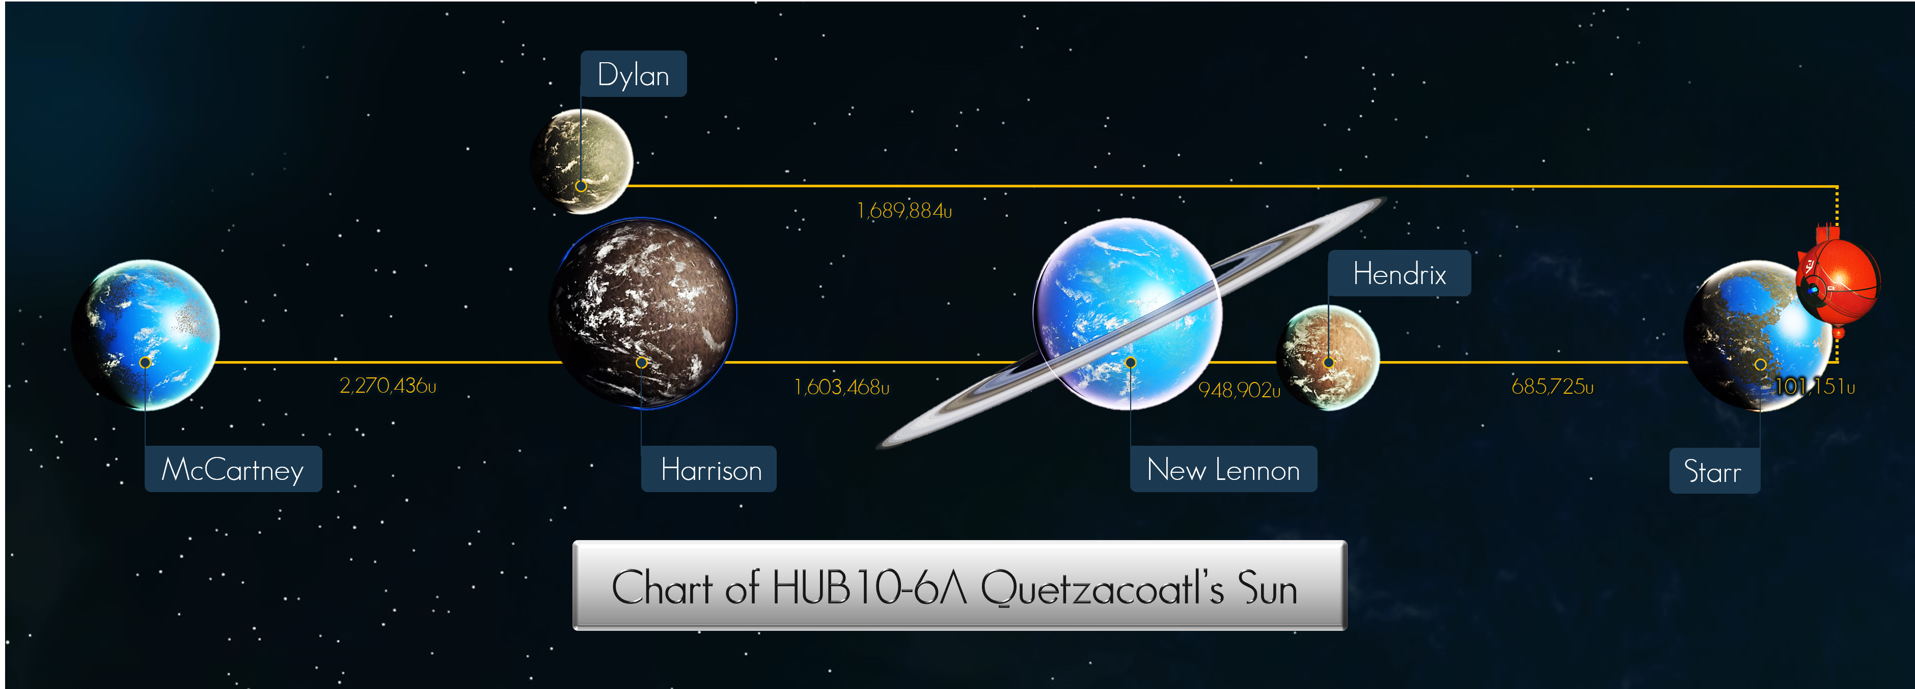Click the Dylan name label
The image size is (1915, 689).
coord(634,73)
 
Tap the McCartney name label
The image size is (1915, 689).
coord(233,469)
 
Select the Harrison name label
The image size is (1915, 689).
coord(709,469)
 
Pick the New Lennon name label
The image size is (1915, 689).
coord(1224,469)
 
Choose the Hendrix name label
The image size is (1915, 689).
coord(1399,273)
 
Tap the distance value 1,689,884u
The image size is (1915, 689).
coord(904,211)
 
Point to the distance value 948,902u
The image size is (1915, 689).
coord(1239,389)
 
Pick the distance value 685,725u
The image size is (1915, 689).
coord(1552,386)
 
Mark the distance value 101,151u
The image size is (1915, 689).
coord(1815,386)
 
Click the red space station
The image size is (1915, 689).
coord(1838,281)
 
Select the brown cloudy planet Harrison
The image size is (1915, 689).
coord(643,313)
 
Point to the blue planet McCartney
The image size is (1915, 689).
coord(146,335)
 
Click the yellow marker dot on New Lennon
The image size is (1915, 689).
coord(1130,363)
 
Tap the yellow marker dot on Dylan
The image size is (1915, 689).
coord(581,186)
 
